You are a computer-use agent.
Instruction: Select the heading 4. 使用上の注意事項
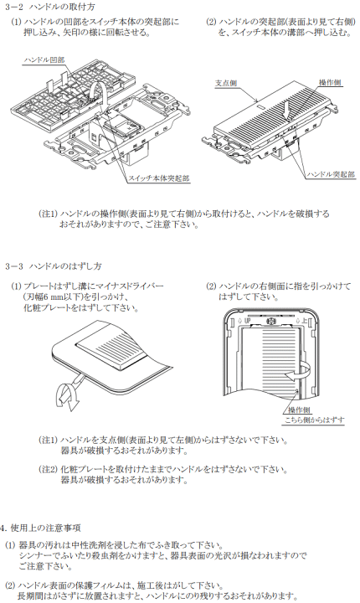(41, 528)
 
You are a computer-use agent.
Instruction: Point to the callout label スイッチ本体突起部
(159, 179)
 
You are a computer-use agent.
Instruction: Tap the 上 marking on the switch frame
(306, 320)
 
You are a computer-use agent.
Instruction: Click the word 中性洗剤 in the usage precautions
(98, 544)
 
